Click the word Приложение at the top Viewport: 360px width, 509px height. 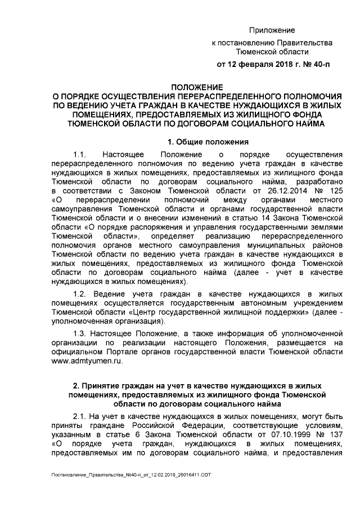(272, 30)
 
